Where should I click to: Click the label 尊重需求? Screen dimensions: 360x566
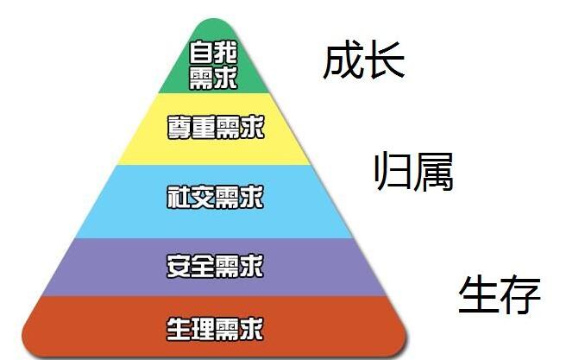click(215, 129)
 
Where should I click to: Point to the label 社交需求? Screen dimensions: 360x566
click(215, 198)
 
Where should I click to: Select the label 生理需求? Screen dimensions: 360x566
click(215, 328)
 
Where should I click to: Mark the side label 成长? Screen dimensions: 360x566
click(363, 61)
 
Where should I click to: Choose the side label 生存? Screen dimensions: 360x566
click(499, 295)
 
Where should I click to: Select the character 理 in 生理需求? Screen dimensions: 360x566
click(203, 328)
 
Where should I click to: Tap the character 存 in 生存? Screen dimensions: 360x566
click(520, 295)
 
